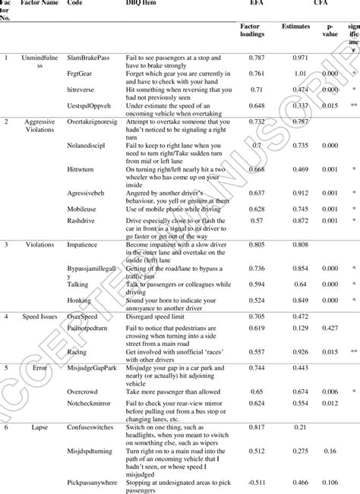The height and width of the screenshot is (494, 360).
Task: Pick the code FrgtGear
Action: click(x=81, y=74)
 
